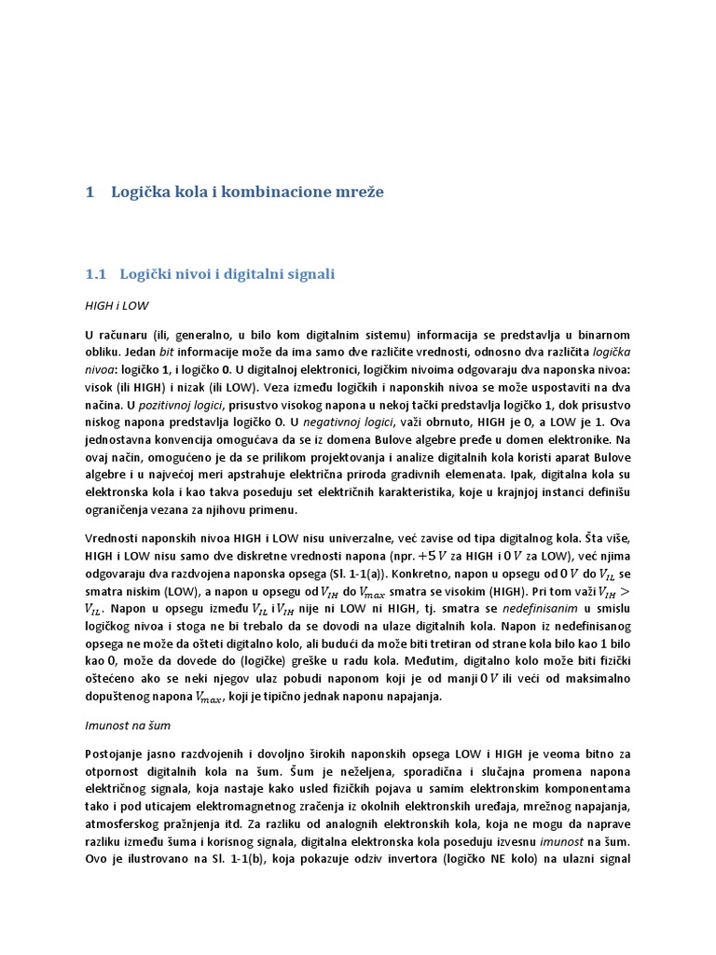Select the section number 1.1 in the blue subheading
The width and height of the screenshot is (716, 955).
coord(97,274)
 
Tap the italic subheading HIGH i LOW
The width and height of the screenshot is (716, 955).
coord(116,305)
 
